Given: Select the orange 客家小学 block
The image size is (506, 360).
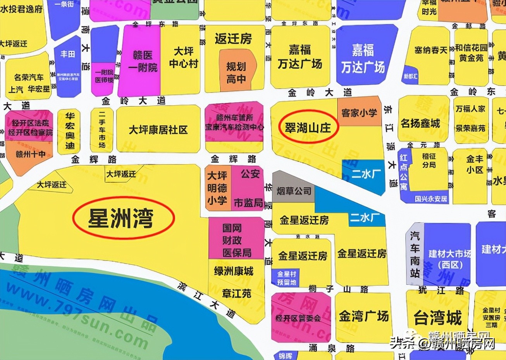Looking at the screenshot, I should pos(359,112).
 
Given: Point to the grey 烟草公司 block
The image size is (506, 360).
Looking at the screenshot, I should pos(293,190).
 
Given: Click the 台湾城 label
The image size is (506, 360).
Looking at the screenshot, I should pos(437,318).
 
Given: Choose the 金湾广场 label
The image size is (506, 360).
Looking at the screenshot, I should pos(363,316).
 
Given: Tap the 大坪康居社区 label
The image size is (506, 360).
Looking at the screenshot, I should pos(158,130).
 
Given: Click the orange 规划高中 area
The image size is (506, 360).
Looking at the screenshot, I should pos(236,72).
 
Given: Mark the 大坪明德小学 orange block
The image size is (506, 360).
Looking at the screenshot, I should pos(217,188).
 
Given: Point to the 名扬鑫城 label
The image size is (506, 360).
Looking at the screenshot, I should pos(420,123).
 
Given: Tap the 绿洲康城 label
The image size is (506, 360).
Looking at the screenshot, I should pos(234,271).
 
